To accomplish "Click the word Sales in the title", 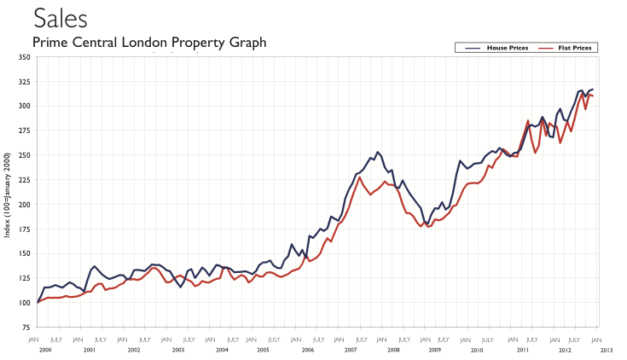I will point(60,17).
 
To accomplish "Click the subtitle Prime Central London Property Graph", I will point(149,42).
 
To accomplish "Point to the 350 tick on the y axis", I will point(25,57).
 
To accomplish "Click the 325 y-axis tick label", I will point(25,82).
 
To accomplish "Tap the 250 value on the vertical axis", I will point(25,155).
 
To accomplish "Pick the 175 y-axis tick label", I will point(25,229).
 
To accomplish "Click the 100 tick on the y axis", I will point(25,303).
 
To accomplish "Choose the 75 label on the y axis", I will point(26,328).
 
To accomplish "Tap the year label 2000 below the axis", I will point(45,350).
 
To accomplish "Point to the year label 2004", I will point(223,350).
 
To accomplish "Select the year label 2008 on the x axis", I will point(393,350).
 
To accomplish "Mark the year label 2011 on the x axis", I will point(520,350).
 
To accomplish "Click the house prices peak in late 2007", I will point(378,152).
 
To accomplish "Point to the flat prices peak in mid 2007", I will point(360,177).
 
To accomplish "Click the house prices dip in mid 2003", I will point(180,287).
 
